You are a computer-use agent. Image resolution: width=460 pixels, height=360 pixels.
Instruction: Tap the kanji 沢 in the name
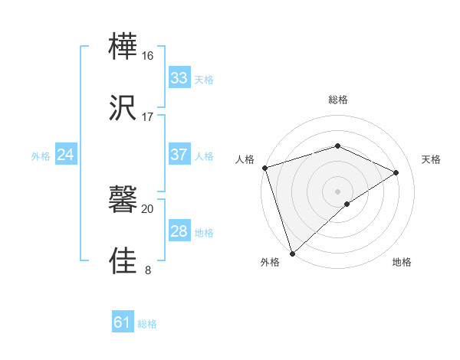tap(124, 108)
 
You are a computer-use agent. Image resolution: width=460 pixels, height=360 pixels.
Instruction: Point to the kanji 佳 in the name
tap(124, 260)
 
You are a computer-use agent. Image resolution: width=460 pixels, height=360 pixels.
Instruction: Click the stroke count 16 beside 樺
tap(147, 56)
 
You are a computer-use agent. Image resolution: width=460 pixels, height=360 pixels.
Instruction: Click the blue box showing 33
tap(179, 77)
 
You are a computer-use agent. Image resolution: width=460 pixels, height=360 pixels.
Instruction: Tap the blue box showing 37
tap(179, 155)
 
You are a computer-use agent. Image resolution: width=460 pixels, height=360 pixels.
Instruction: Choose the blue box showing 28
tap(179, 231)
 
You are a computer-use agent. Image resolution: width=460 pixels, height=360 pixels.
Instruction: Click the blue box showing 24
tap(65, 155)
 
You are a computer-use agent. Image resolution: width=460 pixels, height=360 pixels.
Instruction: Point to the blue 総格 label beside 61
tap(147, 324)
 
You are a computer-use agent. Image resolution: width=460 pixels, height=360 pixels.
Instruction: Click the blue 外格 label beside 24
tap(41, 156)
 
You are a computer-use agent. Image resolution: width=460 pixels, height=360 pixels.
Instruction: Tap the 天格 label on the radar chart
tap(431, 159)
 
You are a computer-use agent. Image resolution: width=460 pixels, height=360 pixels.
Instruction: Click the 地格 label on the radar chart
tap(402, 263)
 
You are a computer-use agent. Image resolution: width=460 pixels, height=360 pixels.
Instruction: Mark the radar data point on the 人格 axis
tap(264, 168)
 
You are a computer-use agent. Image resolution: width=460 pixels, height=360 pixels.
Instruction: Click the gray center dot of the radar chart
tap(337, 191)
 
